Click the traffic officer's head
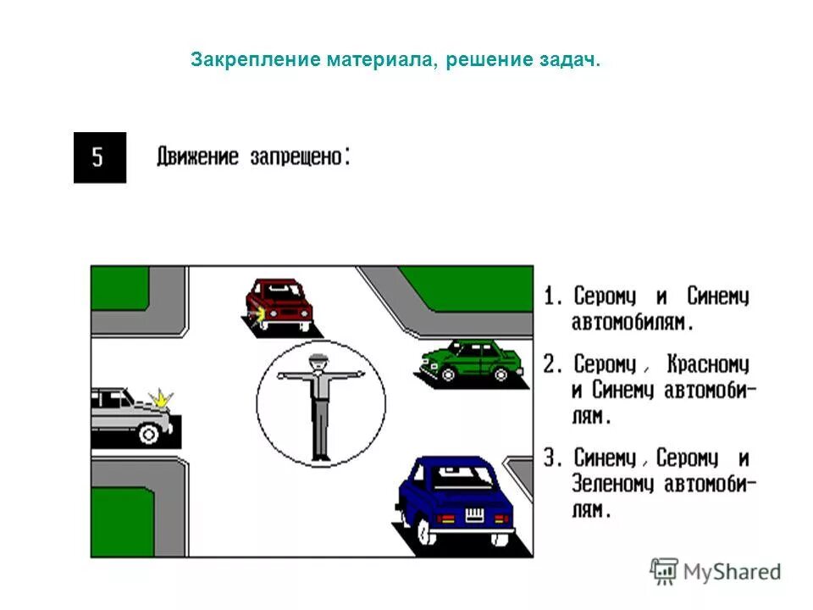coord(318,363)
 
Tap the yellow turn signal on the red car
coord(257,317)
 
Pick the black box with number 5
coord(100,158)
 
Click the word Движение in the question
coord(197,158)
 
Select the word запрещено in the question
coord(296,158)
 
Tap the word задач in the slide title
coord(567,60)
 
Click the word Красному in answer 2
coord(708,365)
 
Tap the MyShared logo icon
coord(664,571)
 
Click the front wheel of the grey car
coord(149,435)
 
